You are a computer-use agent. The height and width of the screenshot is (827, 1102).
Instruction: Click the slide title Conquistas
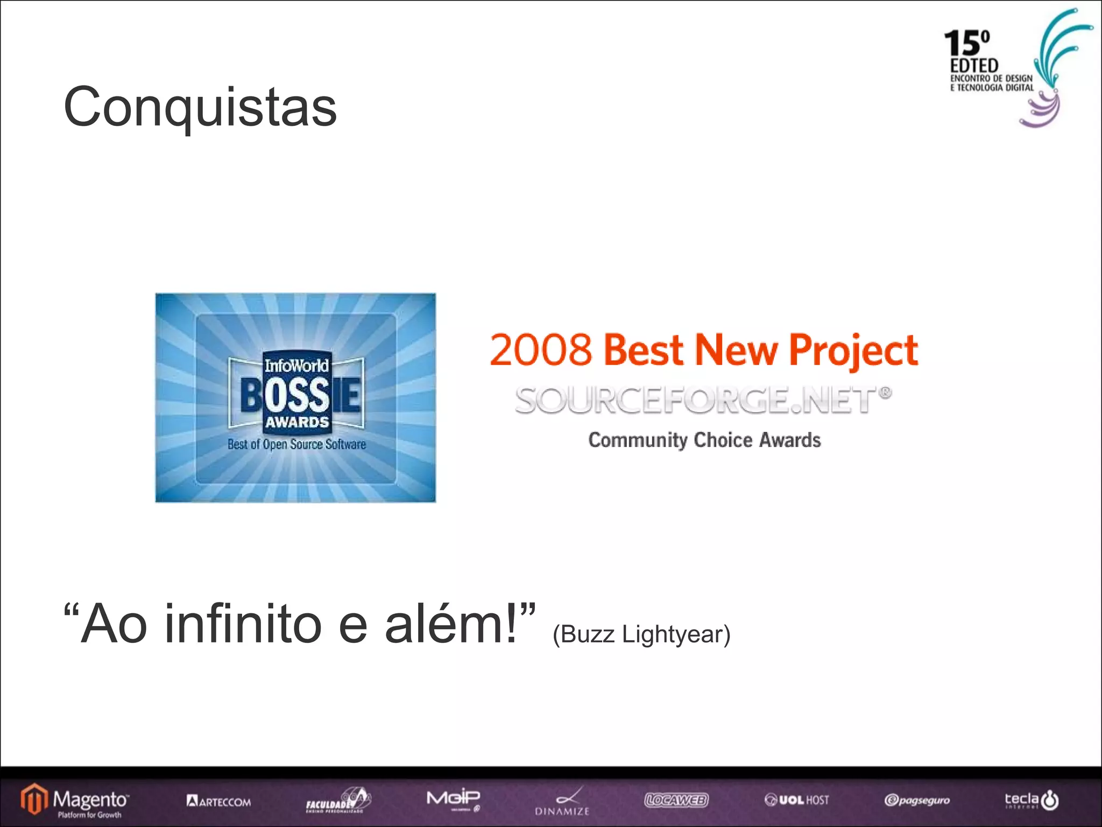pos(200,107)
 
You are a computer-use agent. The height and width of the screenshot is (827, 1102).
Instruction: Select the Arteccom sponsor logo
pos(218,801)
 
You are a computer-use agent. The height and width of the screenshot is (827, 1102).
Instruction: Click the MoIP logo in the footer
pos(453,799)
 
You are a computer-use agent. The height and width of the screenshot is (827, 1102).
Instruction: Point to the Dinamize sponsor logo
pos(562,802)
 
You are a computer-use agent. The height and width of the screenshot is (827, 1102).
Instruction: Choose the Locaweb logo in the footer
pos(676,800)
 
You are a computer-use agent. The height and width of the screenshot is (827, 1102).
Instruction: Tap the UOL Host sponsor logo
pos(797,800)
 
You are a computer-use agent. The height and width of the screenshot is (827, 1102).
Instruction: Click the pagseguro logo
pos(917,801)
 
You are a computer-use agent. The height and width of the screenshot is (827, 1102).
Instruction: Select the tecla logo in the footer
pos(1032,800)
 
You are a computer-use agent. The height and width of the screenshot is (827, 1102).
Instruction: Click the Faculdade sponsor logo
pos(338,801)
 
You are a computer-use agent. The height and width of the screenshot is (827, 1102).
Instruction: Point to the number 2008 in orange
pos(541,350)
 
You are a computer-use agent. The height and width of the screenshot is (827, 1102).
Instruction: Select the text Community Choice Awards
pos(704,440)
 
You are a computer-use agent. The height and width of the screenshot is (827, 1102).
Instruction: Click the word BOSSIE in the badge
pos(300,395)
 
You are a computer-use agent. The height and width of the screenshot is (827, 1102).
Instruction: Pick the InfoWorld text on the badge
pos(296,366)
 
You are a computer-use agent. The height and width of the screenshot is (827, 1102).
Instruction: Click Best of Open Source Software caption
pos(296,444)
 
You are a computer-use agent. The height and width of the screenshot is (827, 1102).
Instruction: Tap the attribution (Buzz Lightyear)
pos(641,634)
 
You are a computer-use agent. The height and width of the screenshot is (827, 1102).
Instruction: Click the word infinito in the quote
pos(243,625)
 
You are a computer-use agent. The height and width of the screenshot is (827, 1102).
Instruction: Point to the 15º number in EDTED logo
pos(966,43)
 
